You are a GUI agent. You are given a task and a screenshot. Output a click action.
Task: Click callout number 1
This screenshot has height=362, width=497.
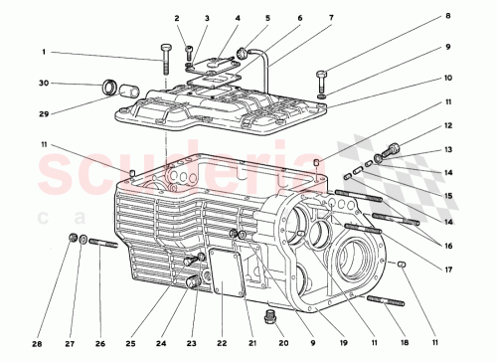pos(44,52)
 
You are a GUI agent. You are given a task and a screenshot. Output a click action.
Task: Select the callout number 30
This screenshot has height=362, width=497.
pos(44,84)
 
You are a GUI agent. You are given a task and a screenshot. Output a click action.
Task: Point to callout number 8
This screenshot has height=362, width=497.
pos(238,18)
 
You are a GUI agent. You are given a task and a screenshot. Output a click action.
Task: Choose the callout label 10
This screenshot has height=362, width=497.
pos(447,77)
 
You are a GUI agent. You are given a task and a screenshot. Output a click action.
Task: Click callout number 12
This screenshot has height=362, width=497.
pos(447,125)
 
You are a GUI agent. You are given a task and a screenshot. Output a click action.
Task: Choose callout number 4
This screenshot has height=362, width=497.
pos(238,18)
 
